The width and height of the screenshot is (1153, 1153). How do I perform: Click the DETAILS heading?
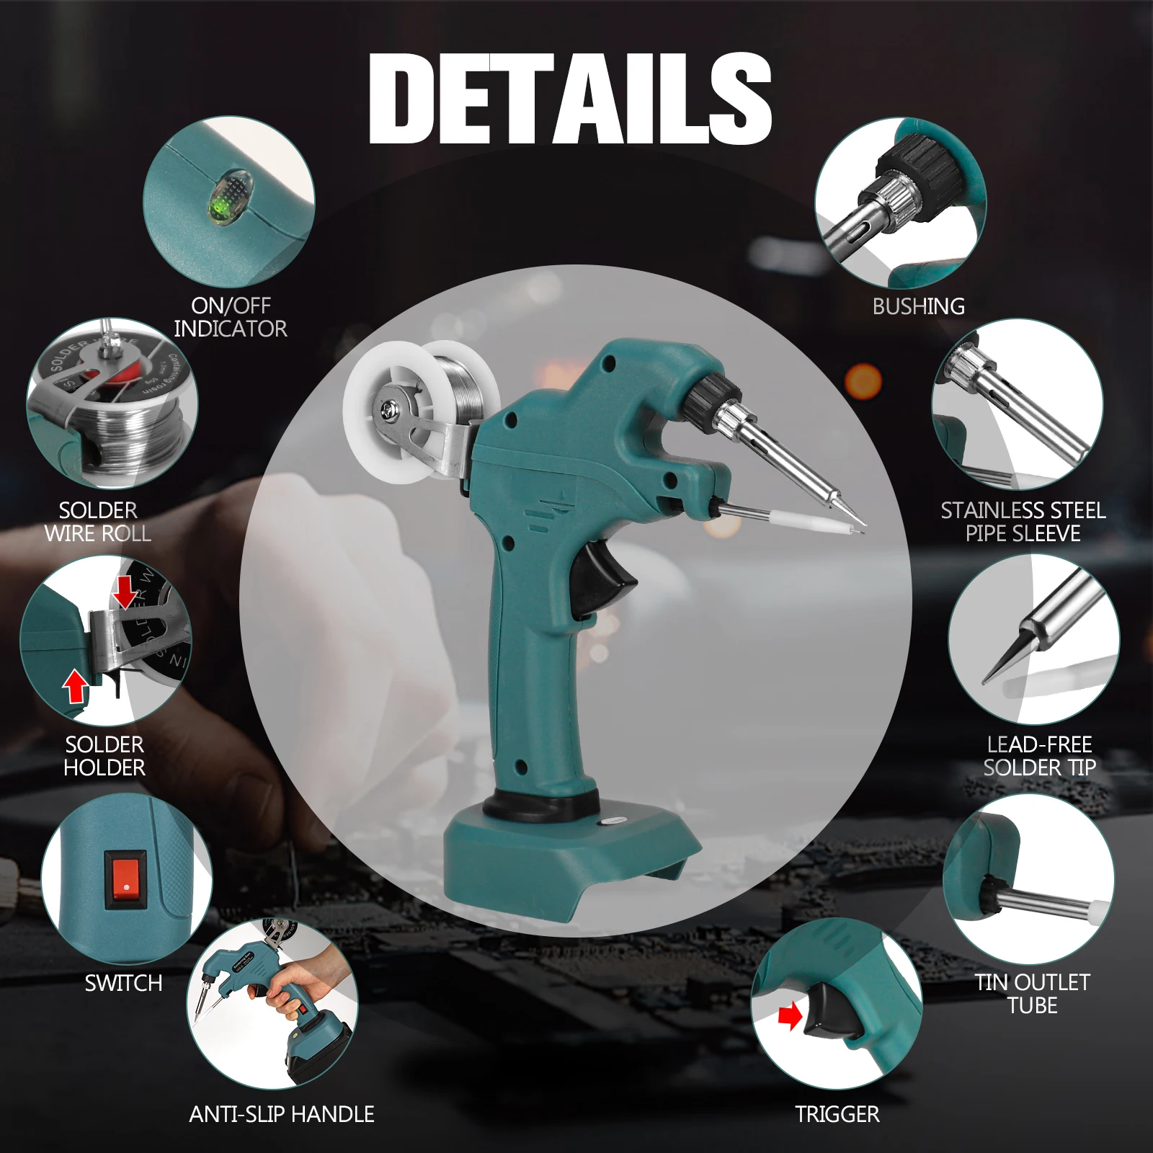pyautogui.click(x=569, y=99)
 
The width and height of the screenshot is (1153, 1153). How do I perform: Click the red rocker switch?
pyautogui.click(x=125, y=879)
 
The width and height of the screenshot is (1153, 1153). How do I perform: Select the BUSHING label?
pyautogui.click(x=918, y=306)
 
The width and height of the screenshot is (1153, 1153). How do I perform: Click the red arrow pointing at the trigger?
pyautogui.click(x=791, y=1017)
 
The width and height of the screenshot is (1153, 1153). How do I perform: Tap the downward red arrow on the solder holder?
pyautogui.click(x=125, y=592)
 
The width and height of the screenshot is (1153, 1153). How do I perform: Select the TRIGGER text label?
pyautogui.click(x=837, y=1114)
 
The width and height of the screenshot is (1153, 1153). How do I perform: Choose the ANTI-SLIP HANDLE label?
pyautogui.click(x=281, y=1114)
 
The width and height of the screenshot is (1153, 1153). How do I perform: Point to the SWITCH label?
pyautogui.click(x=123, y=983)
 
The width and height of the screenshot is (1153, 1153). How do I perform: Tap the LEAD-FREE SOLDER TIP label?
pyautogui.click(x=1039, y=756)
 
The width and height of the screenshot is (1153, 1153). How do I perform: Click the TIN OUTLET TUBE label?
pyautogui.click(x=1032, y=994)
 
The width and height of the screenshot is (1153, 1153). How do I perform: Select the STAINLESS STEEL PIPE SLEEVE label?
pyautogui.click(x=1023, y=522)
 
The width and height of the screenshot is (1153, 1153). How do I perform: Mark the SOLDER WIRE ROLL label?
pyautogui.click(x=98, y=522)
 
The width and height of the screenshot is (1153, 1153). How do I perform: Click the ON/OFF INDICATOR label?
pyautogui.click(x=231, y=317)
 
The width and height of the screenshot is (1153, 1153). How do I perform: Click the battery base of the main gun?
pyautogui.click(x=569, y=858)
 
